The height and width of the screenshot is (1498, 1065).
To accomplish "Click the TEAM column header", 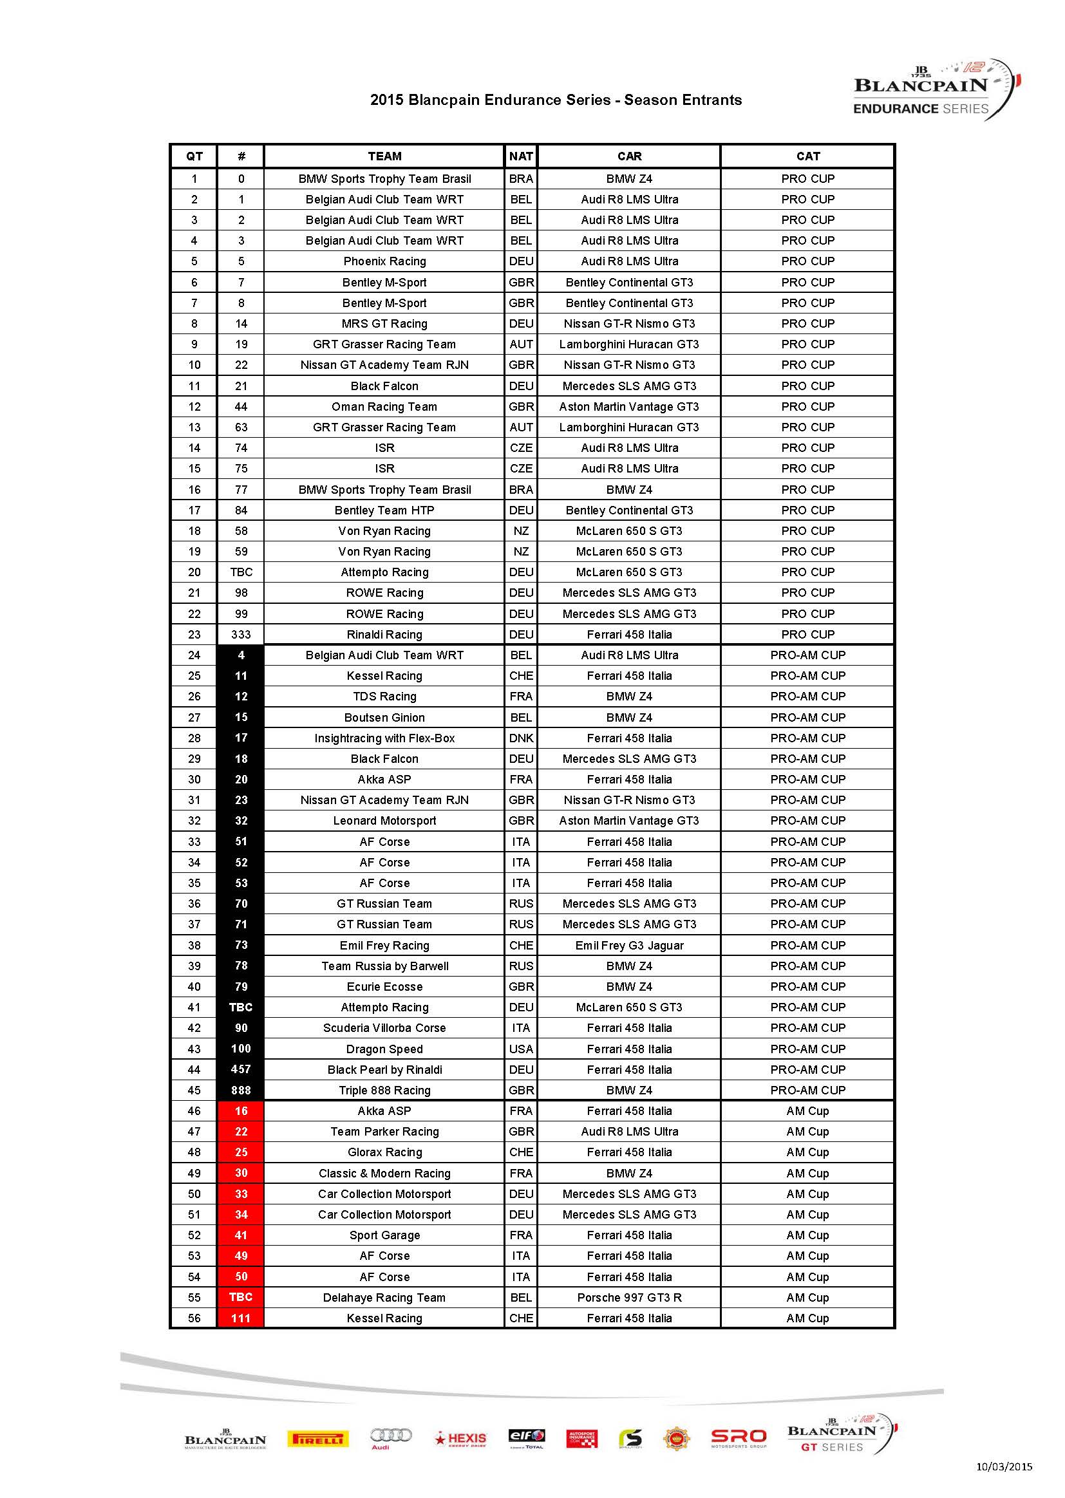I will (384, 156).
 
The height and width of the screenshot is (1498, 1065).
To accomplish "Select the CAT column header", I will (807, 156).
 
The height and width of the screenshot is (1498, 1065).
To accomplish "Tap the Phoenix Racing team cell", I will (384, 261).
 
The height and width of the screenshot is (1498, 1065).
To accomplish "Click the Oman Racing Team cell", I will (384, 406).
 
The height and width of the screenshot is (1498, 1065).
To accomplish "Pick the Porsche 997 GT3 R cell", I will (629, 1297).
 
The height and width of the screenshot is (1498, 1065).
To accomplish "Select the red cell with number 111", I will (241, 1318).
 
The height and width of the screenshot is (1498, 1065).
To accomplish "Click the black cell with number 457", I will (241, 1069).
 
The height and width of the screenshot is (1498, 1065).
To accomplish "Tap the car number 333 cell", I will (241, 634).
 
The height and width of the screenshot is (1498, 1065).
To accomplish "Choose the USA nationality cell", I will (521, 1049).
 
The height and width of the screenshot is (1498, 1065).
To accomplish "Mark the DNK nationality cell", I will (521, 738).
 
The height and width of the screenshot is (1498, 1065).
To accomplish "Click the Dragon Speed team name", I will (384, 1049).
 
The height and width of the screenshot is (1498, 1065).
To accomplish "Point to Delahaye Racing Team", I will (384, 1297).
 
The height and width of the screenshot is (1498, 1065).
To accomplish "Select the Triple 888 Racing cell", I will (384, 1091).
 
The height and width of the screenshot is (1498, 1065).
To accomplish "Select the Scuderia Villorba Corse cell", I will (384, 1027).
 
